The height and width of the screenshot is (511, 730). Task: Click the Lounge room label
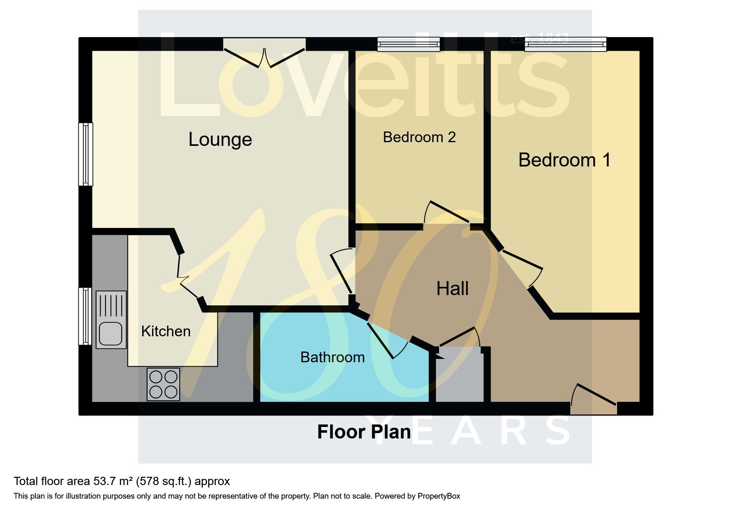click(220, 140)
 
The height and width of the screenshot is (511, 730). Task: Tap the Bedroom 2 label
click(419, 137)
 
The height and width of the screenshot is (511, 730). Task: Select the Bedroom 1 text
click(564, 160)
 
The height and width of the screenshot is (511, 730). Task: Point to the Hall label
click(452, 288)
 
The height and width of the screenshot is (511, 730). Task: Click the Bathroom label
click(332, 357)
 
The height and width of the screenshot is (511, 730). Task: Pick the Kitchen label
click(166, 331)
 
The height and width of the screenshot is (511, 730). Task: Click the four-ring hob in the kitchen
click(164, 384)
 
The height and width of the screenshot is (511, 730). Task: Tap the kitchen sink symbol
click(111, 320)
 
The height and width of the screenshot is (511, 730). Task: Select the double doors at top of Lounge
click(265, 53)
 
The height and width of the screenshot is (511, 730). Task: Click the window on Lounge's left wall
click(86, 154)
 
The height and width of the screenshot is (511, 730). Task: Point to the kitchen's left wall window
click(85, 316)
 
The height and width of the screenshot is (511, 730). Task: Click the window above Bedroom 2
click(409, 44)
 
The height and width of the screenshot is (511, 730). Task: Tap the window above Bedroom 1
click(566, 44)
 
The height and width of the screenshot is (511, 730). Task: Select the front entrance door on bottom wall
click(594, 399)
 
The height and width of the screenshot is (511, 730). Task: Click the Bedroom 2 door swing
click(447, 213)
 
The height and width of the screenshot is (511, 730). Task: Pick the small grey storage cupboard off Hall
click(460, 375)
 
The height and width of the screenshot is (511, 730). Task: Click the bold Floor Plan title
click(364, 432)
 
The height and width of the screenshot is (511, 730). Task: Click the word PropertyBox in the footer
click(439, 496)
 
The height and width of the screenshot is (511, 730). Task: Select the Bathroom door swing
click(387, 340)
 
